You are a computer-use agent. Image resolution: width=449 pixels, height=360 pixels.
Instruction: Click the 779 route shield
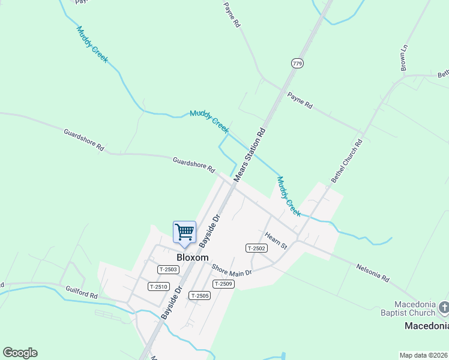(x=297, y=63)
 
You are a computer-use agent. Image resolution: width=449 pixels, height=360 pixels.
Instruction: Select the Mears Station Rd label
(x=250, y=154)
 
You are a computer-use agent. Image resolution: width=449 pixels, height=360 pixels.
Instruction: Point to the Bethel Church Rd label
(x=348, y=161)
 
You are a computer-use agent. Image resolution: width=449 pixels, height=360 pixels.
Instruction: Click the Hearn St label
(x=277, y=241)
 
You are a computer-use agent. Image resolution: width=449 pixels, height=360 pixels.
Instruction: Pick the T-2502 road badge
(x=256, y=248)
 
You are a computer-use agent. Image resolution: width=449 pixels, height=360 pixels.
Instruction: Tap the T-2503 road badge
(x=168, y=269)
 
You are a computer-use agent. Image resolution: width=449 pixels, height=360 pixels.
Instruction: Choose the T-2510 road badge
(x=158, y=286)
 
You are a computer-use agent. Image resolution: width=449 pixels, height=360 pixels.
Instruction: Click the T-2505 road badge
(x=199, y=295)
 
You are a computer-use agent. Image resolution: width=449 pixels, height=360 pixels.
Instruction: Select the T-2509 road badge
(x=223, y=283)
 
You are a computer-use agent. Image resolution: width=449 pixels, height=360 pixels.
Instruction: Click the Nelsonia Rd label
(x=373, y=274)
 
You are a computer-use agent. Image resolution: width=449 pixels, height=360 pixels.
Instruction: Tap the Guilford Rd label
(x=82, y=292)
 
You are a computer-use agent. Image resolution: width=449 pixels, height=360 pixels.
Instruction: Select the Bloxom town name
(x=192, y=257)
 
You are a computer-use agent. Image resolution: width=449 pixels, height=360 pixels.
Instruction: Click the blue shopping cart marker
(x=184, y=232)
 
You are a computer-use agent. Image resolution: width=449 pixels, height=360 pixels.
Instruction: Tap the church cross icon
(x=444, y=308)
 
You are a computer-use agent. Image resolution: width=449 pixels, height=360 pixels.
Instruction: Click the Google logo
(x=20, y=353)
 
